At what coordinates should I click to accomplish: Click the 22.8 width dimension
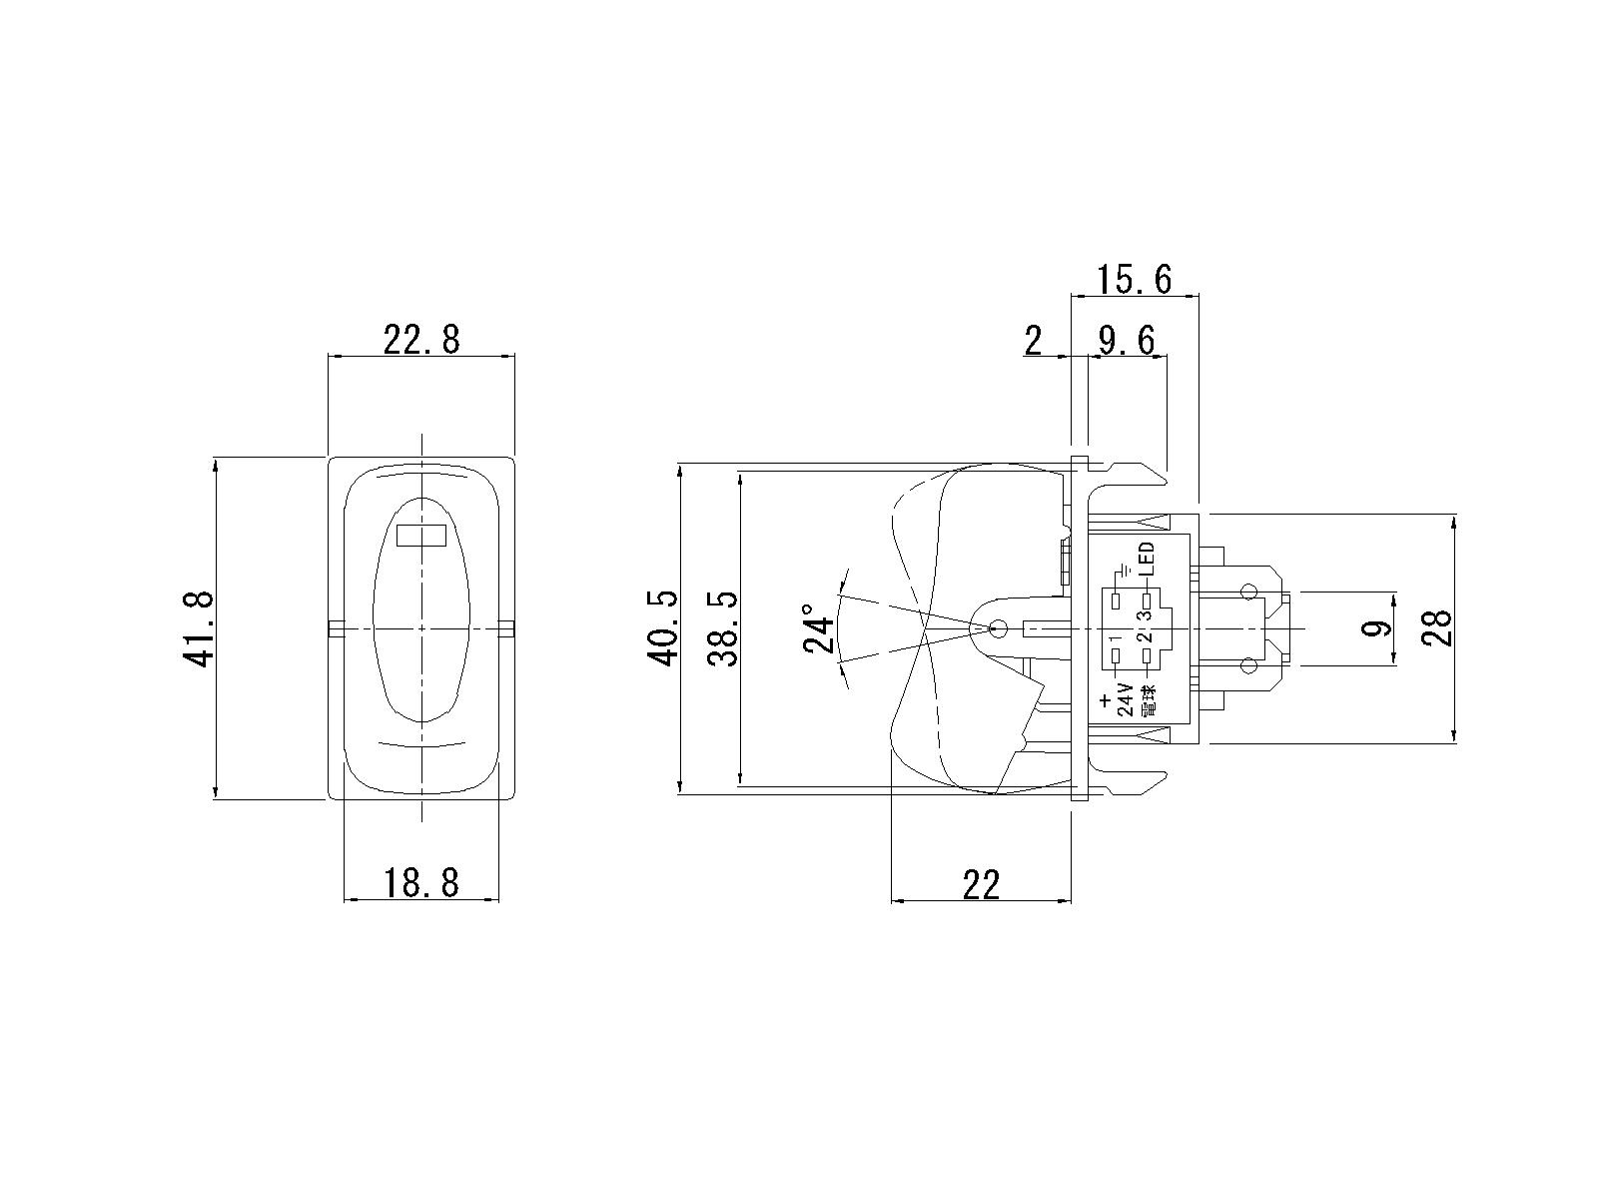[x=421, y=340]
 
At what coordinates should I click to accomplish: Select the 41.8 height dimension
[x=198, y=628]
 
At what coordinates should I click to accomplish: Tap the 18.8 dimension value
[x=421, y=883]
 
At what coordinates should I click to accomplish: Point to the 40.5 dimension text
[x=662, y=628]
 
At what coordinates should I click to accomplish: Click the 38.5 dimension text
[x=723, y=628]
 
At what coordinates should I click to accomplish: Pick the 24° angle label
[x=818, y=628]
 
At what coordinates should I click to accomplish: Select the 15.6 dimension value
[x=1134, y=280]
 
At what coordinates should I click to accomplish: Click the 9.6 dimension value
[x=1127, y=341]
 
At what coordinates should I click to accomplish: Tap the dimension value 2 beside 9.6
[x=1033, y=341]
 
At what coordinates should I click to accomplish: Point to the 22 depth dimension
[x=982, y=884]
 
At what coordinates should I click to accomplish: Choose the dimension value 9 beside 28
[x=1373, y=628]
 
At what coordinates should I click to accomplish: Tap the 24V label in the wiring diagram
[x=1126, y=698]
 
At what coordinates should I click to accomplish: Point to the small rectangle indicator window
[x=420, y=536]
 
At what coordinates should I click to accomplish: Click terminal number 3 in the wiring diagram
[x=1148, y=613]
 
